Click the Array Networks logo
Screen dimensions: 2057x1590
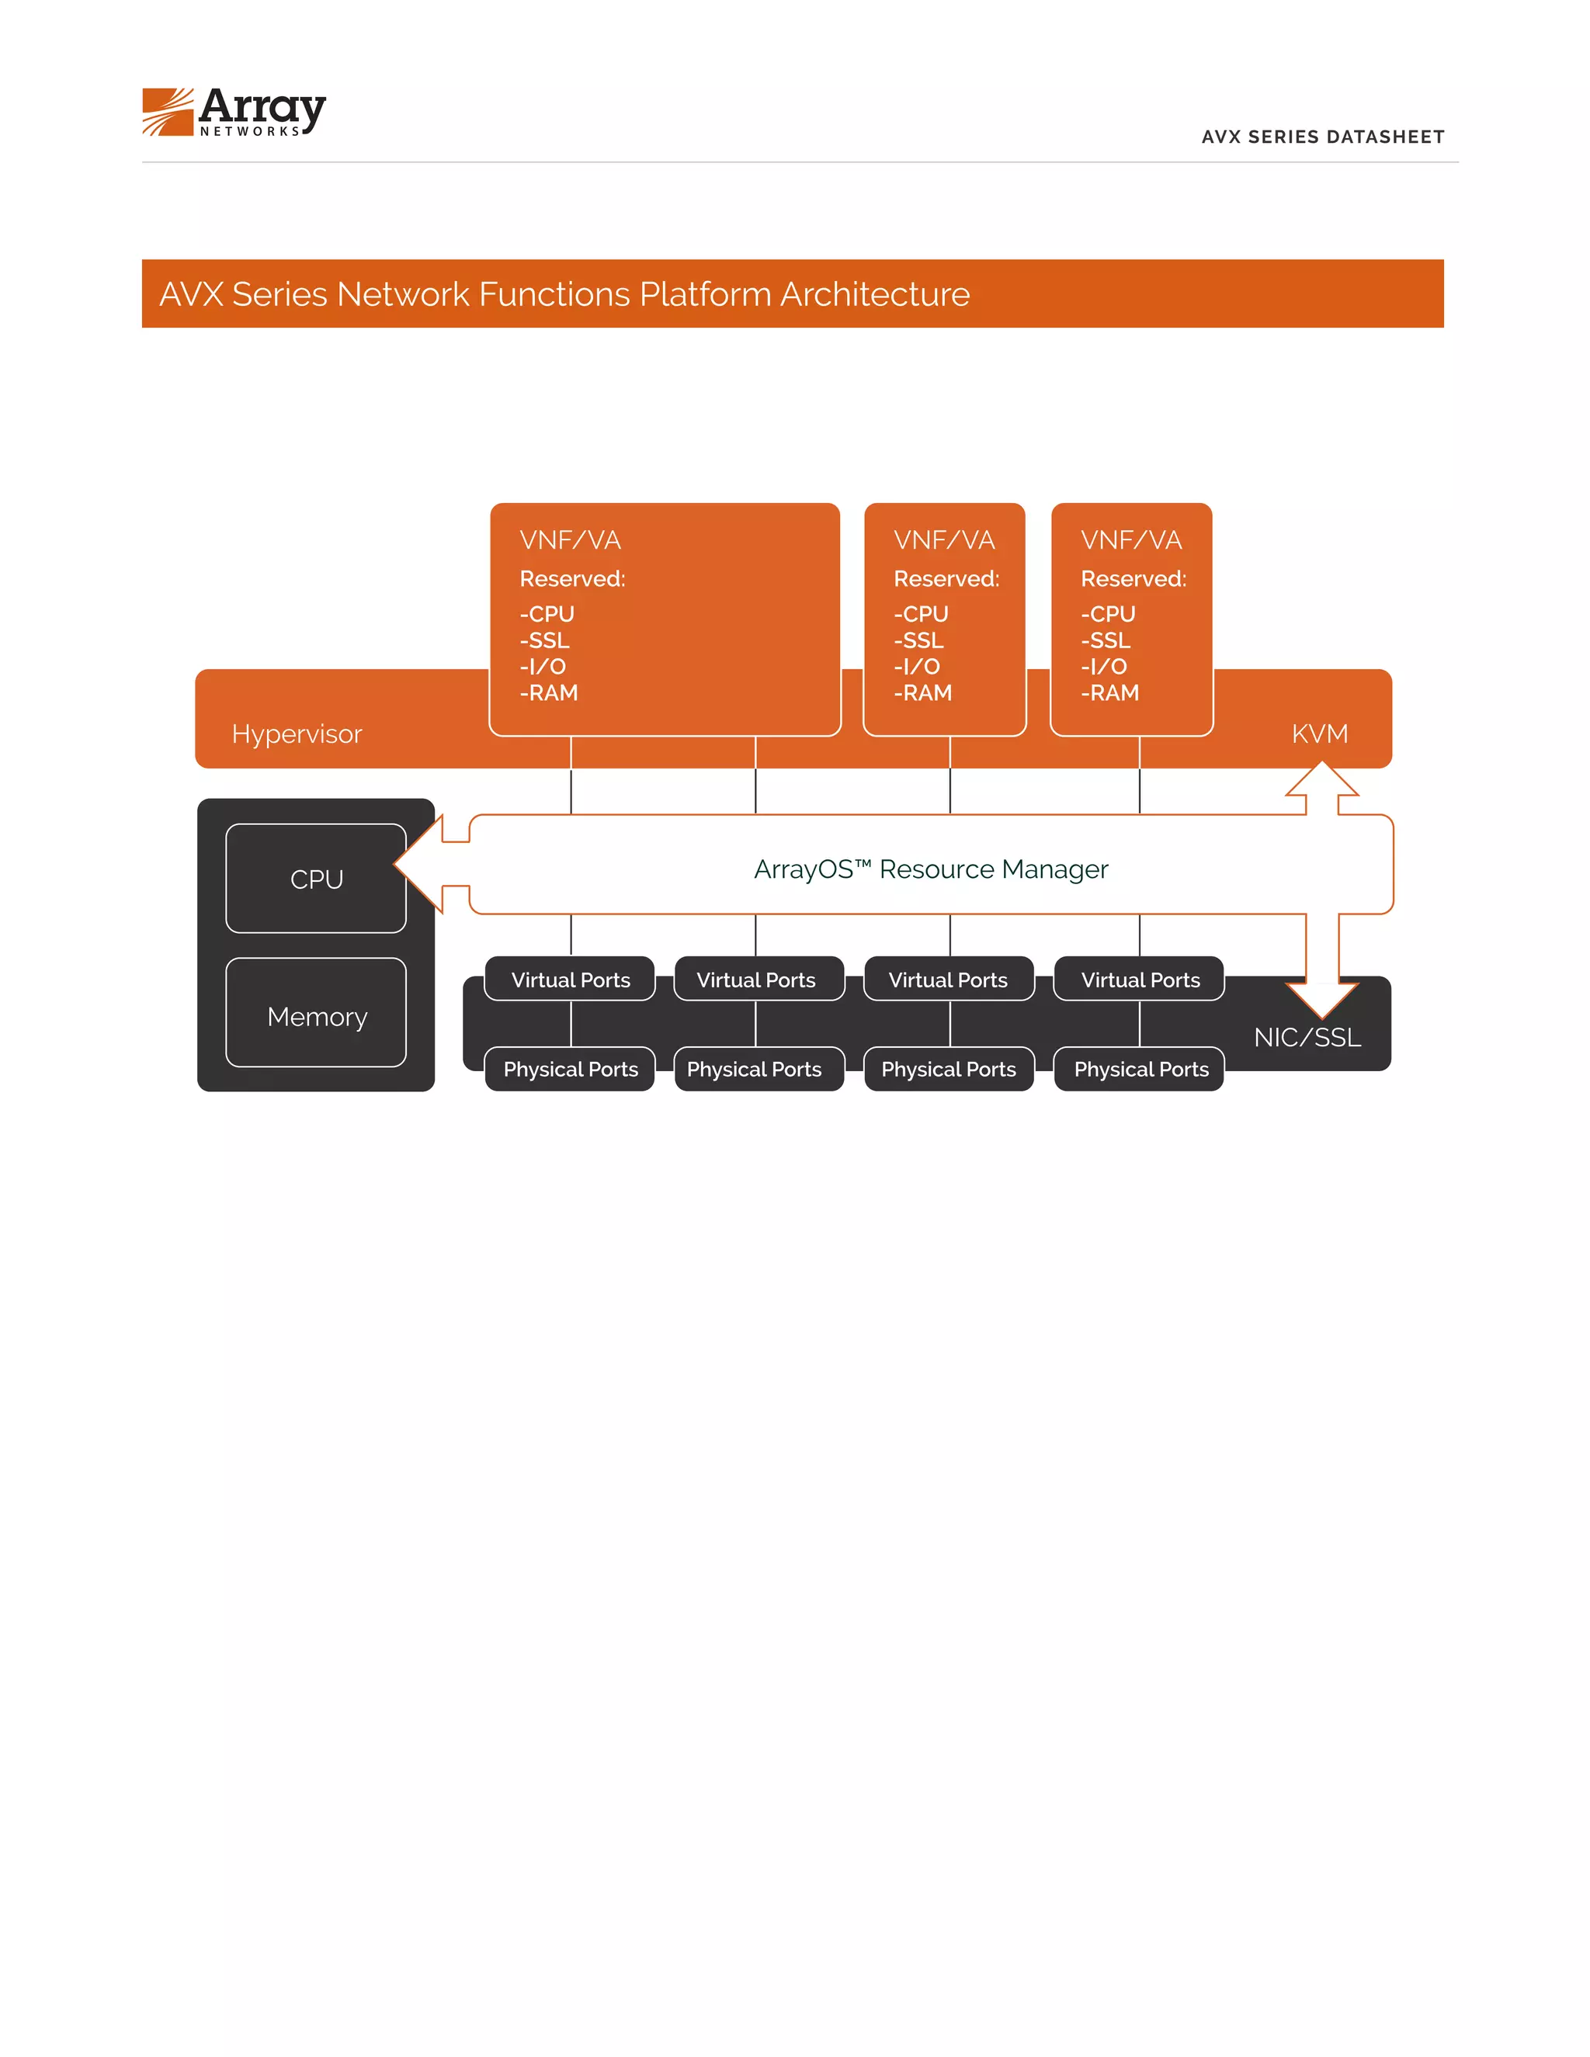(x=234, y=112)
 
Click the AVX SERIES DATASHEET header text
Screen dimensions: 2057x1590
(x=1321, y=137)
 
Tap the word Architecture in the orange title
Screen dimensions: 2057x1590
(x=874, y=295)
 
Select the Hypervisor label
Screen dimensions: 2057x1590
(x=297, y=734)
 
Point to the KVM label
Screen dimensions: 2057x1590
(x=1319, y=734)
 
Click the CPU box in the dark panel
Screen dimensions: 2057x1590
(x=317, y=879)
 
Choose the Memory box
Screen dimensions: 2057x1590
(x=317, y=1016)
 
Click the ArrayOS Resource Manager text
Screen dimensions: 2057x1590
(x=931, y=869)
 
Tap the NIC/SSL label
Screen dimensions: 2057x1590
(x=1307, y=1037)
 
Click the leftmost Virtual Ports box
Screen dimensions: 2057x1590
(x=570, y=980)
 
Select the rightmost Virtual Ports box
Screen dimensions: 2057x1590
(x=1140, y=980)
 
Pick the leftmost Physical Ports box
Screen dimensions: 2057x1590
(x=570, y=1069)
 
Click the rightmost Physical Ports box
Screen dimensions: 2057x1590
(x=1140, y=1069)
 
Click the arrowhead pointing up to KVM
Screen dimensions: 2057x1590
(x=1321, y=781)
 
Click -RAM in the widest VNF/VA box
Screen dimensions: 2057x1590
(x=548, y=693)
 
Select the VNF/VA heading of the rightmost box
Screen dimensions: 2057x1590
(x=1130, y=539)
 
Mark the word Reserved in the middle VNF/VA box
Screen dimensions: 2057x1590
(x=945, y=579)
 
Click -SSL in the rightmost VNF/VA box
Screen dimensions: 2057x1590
(x=1105, y=640)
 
